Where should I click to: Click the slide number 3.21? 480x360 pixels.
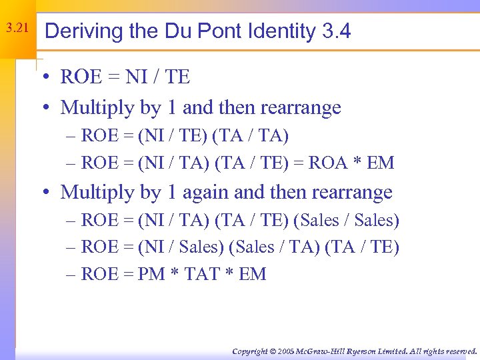pyautogui.click(x=17, y=29)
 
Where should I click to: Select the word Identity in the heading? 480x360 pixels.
pyautogui.click(x=275, y=31)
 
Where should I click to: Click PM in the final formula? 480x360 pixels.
pyautogui.click(x=151, y=275)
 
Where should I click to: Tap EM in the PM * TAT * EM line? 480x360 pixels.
pyautogui.click(x=252, y=275)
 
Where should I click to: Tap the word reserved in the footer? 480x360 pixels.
pyautogui.click(x=461, y=351)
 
